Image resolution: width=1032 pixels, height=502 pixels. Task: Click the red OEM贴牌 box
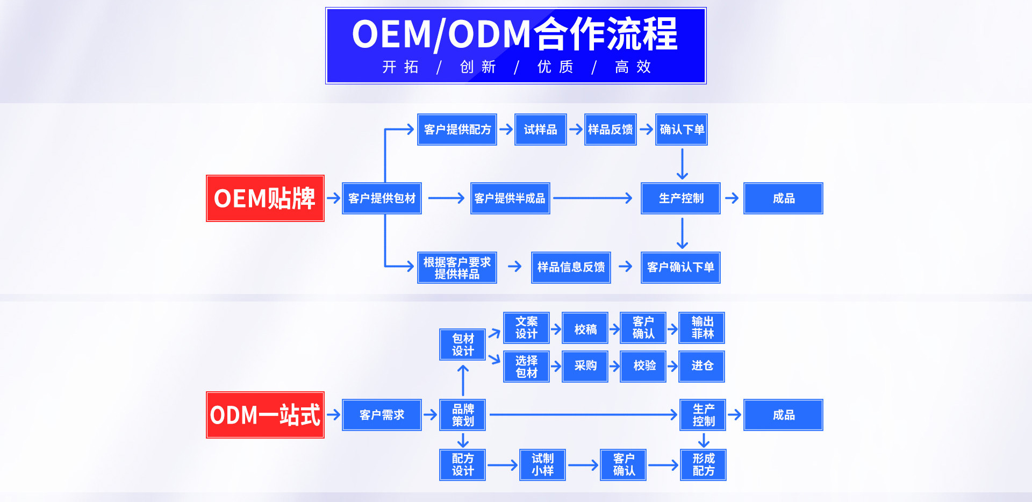(265, 198)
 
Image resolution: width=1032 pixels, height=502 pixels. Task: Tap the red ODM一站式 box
(265, 415)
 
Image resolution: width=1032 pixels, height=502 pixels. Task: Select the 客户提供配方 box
(457, 130)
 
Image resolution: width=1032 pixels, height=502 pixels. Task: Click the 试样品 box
(540, 130)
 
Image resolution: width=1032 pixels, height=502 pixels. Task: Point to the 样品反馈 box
(611, 130)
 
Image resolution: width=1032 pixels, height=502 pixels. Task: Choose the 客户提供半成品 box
(510, 198)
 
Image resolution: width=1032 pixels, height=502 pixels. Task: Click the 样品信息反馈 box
(571, 267)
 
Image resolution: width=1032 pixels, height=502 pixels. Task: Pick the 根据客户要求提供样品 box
(457, 268)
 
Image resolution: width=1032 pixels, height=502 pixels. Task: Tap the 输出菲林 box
(702, 328)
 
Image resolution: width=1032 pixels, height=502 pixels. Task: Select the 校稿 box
(585, 328)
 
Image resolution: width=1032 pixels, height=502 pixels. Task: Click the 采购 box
(585, 366)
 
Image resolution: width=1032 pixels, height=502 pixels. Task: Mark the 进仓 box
(702, 366)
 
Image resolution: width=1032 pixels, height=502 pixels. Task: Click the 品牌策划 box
(462, 415)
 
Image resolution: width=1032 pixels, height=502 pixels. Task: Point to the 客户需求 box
(382, 415)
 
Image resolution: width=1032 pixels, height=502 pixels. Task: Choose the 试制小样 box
(542, 465)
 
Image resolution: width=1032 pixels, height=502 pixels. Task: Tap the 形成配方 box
(703, 465)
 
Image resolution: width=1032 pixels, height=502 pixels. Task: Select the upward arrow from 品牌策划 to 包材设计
(463, 380)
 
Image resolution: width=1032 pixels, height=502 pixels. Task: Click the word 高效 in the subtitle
(633, 67)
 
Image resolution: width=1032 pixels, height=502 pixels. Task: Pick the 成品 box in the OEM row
(783, 198)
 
